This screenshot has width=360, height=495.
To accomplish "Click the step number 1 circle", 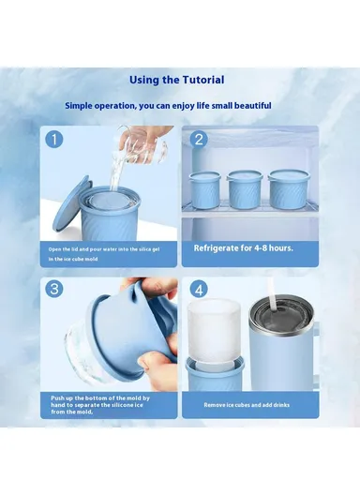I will click(x=54, y=140).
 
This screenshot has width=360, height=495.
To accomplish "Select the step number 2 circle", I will click(x=199, y=140).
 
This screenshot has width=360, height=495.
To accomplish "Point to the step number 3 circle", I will click(x=54, y=290).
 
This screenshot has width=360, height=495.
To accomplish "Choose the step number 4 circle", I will click(x=199, y=290).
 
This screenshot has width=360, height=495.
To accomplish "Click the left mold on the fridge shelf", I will click(x=203, y=188).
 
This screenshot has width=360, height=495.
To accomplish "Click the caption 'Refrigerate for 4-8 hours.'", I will click(x=244, y=248).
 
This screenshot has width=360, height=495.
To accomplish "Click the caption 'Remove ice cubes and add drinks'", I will click(x=247, y=406).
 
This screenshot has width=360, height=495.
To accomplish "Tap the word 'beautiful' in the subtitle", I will click(x=249, y=106).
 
